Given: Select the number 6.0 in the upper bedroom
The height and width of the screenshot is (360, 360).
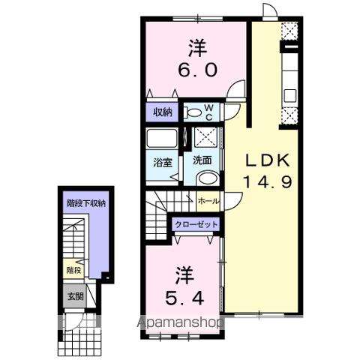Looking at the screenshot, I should (x=198, y=70).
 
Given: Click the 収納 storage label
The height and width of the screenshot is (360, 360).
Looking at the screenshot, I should (x=163, y=112).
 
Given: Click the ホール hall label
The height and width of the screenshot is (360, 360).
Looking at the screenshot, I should (x=208, y=201).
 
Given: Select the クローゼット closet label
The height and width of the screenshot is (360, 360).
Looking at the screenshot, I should (x=196, y=223).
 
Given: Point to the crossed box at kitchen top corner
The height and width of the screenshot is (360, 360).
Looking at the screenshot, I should (x=289, y=31).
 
